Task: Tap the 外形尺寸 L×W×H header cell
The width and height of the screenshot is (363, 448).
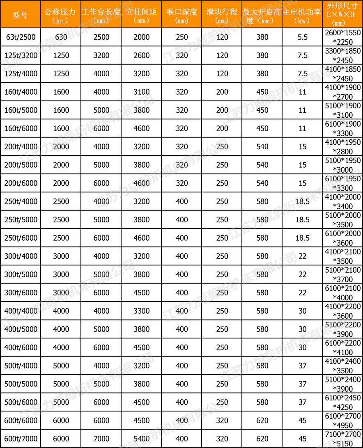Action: pyautogui.click(x=342, y=14)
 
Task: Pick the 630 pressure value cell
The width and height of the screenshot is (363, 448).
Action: pyautogui.click(x=61, y=37)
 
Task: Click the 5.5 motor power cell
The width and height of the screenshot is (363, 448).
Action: pyautogui.click(x=302, y=37)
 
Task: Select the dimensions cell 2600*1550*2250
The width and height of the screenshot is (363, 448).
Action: pyautogui.click(x=342, y=37)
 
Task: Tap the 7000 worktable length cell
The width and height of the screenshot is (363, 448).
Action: pyautogui.click(x=101, y=439)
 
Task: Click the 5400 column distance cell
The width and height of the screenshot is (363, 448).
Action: pyautogui.click(x=141, y=439)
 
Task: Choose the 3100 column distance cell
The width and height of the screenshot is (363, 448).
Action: pyautogui.click(x=141, y=92)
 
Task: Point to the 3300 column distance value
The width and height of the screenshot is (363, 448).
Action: pyautogui.click(x=141, y=311)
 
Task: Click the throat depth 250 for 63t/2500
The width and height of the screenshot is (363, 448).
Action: pyautogui.click(x=181, y=37)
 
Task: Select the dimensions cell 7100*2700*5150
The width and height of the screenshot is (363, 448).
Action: pyautogui.click(x=342, y=439)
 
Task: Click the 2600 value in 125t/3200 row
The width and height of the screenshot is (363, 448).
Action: pyautogui.click(x=141, y=55)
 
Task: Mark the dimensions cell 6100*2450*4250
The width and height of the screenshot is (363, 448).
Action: pyautogui.click(x=342, y=402)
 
